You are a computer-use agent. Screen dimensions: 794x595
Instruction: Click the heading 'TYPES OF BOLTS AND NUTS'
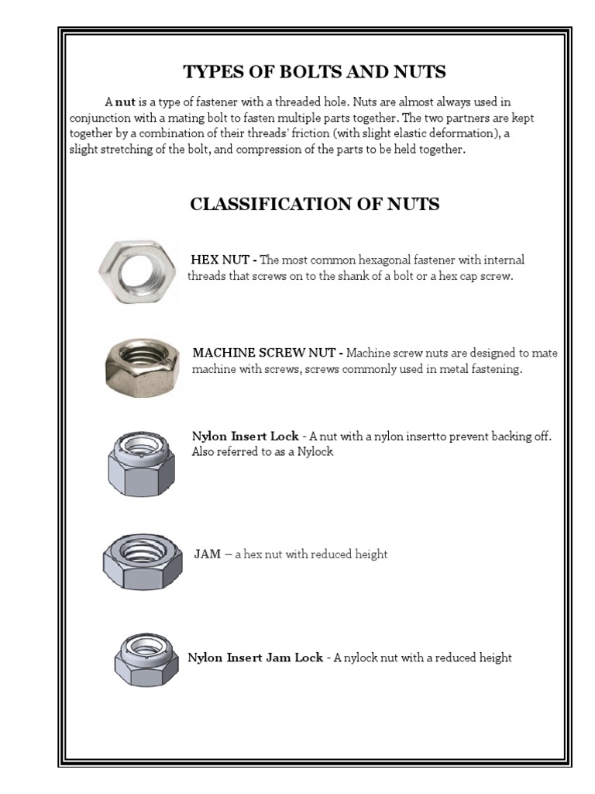point(314,72)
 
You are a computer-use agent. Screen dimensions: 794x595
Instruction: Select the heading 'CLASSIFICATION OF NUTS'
point(315,204)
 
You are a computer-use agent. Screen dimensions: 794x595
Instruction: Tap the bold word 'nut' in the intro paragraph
point(126,102)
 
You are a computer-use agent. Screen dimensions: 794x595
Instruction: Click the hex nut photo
point(137,274)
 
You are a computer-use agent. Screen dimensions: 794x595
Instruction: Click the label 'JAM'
point(207,554)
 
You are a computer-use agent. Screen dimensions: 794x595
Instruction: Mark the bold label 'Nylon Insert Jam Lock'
point(255,658)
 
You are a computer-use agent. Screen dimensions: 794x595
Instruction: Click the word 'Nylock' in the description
point(315,451)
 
